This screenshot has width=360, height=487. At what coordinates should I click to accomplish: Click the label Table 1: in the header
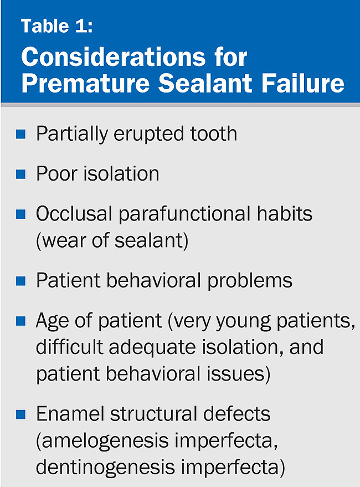point(57,27)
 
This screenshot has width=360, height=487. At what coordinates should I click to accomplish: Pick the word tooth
point(211,134)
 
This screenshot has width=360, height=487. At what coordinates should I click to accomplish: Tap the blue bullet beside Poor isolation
point(21,175)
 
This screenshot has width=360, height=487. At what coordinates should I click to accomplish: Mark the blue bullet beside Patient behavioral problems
point(21,281)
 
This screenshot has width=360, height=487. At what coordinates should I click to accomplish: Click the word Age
point(53,321)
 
